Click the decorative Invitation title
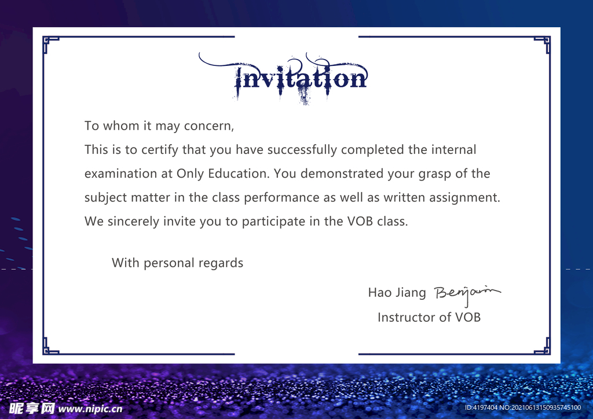point(283,79)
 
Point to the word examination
point(120,174)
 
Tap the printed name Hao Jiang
point(397,293)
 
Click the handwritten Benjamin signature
point(467,294)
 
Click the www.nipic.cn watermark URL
point(90,409)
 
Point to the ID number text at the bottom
point(523,407)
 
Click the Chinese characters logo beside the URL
point(32,409)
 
